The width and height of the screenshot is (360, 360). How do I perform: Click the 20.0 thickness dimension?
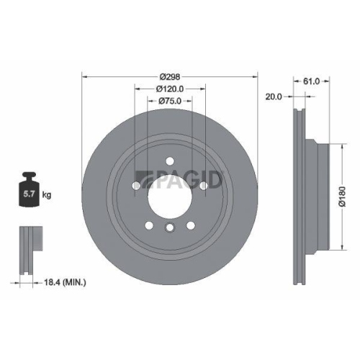pyautogui.click(x=273, y=96)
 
